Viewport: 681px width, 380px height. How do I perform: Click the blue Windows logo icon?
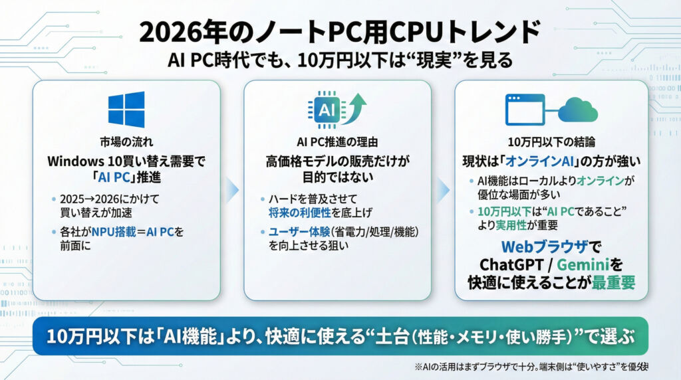(126, 110)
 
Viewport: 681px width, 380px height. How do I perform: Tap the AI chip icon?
(327, 110)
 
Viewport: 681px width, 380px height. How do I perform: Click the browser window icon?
(525, 110)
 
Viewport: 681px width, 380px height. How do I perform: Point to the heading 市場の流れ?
(126, 142)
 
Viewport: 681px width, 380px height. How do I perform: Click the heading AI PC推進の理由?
(337, 142)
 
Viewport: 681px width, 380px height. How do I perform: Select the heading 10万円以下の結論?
(551, 142)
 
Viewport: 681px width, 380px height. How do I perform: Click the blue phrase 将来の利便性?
(300, 213)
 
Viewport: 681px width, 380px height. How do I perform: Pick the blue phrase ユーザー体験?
(299, 232)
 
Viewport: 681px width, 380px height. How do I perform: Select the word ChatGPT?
(511, 264)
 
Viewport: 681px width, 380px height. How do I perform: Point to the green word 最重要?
(613, 282)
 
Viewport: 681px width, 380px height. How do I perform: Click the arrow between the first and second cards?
(232, 190)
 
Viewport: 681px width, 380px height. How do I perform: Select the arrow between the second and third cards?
(444, 190)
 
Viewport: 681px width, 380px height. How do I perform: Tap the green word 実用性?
(511, 225)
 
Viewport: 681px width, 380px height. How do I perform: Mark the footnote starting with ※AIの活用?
(531, 367)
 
